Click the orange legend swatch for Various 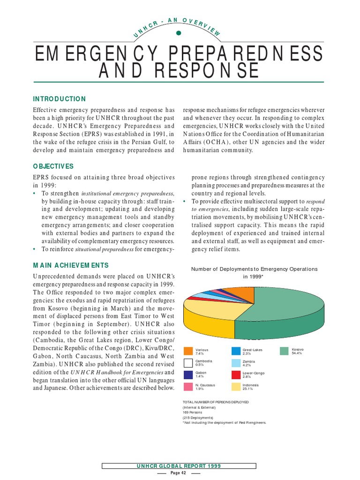[x=188, y=352]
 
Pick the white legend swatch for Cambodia [x=188, y=363]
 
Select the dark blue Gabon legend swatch [x=188, y=375]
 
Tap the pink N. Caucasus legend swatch [x=188, y=386]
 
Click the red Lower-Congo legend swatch [x=236, y=375]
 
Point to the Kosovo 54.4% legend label [x=298, y=352]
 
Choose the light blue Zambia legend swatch [x=236, y=363]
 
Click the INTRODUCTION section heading [x=59, y=99]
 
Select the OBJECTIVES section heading [x=53, y=166]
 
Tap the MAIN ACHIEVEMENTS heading [x=70, y=265]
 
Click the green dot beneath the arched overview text [x=179, y=33]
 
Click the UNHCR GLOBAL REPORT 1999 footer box [x=179, y=466]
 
